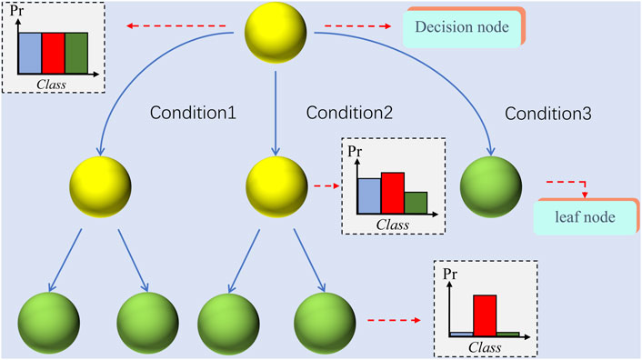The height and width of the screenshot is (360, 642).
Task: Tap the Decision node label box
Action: click(x=464, y=27)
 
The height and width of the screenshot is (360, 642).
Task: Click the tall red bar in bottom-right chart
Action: click(x=485, y=315)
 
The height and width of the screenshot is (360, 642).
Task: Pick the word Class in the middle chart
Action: click(x=393, y=223)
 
